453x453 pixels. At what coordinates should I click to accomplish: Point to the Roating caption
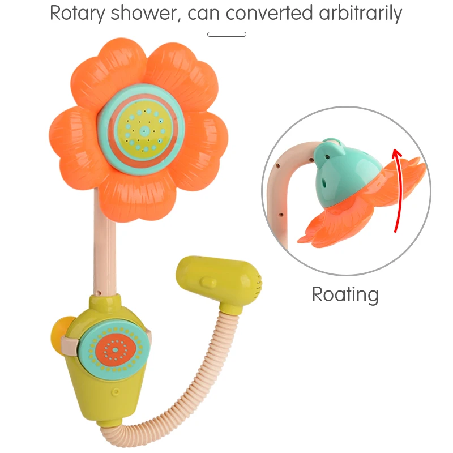tap(345, 294)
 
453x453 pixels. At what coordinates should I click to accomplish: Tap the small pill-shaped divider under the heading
tap(226, 34)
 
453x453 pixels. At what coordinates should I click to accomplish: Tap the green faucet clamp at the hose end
tap(221, 283)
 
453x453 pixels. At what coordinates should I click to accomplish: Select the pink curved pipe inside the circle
tap(286, 187)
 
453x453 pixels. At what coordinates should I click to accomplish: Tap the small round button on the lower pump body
tap(116, 391)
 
